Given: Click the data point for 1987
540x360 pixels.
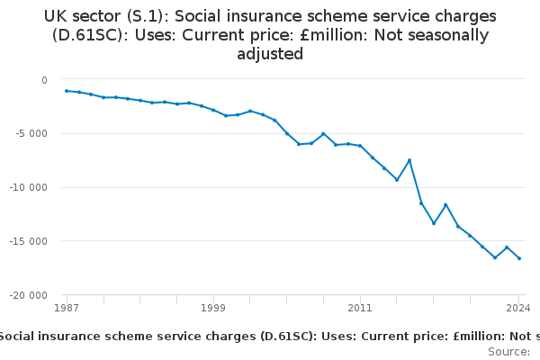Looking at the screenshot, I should coord(67,91).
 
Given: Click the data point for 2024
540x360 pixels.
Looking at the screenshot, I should coord(519,258).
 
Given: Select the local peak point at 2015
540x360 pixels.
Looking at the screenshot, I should coord(409,160).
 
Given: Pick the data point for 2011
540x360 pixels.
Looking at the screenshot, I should coord(360,146).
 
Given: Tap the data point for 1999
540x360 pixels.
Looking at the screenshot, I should coord(213,110).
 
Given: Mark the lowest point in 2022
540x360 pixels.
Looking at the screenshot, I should coord(495,257).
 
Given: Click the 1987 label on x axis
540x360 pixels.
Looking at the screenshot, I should coord(67,308).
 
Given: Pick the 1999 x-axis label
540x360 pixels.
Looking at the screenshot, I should coord(213,308).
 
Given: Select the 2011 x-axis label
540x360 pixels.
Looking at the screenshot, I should coord(360,308).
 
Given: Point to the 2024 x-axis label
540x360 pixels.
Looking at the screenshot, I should coord(517,308).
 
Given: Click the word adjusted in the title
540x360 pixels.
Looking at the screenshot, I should coord(270,54).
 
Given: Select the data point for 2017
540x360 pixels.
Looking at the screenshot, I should coord(434,223).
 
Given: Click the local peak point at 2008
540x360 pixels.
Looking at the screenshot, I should coord(323,134).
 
